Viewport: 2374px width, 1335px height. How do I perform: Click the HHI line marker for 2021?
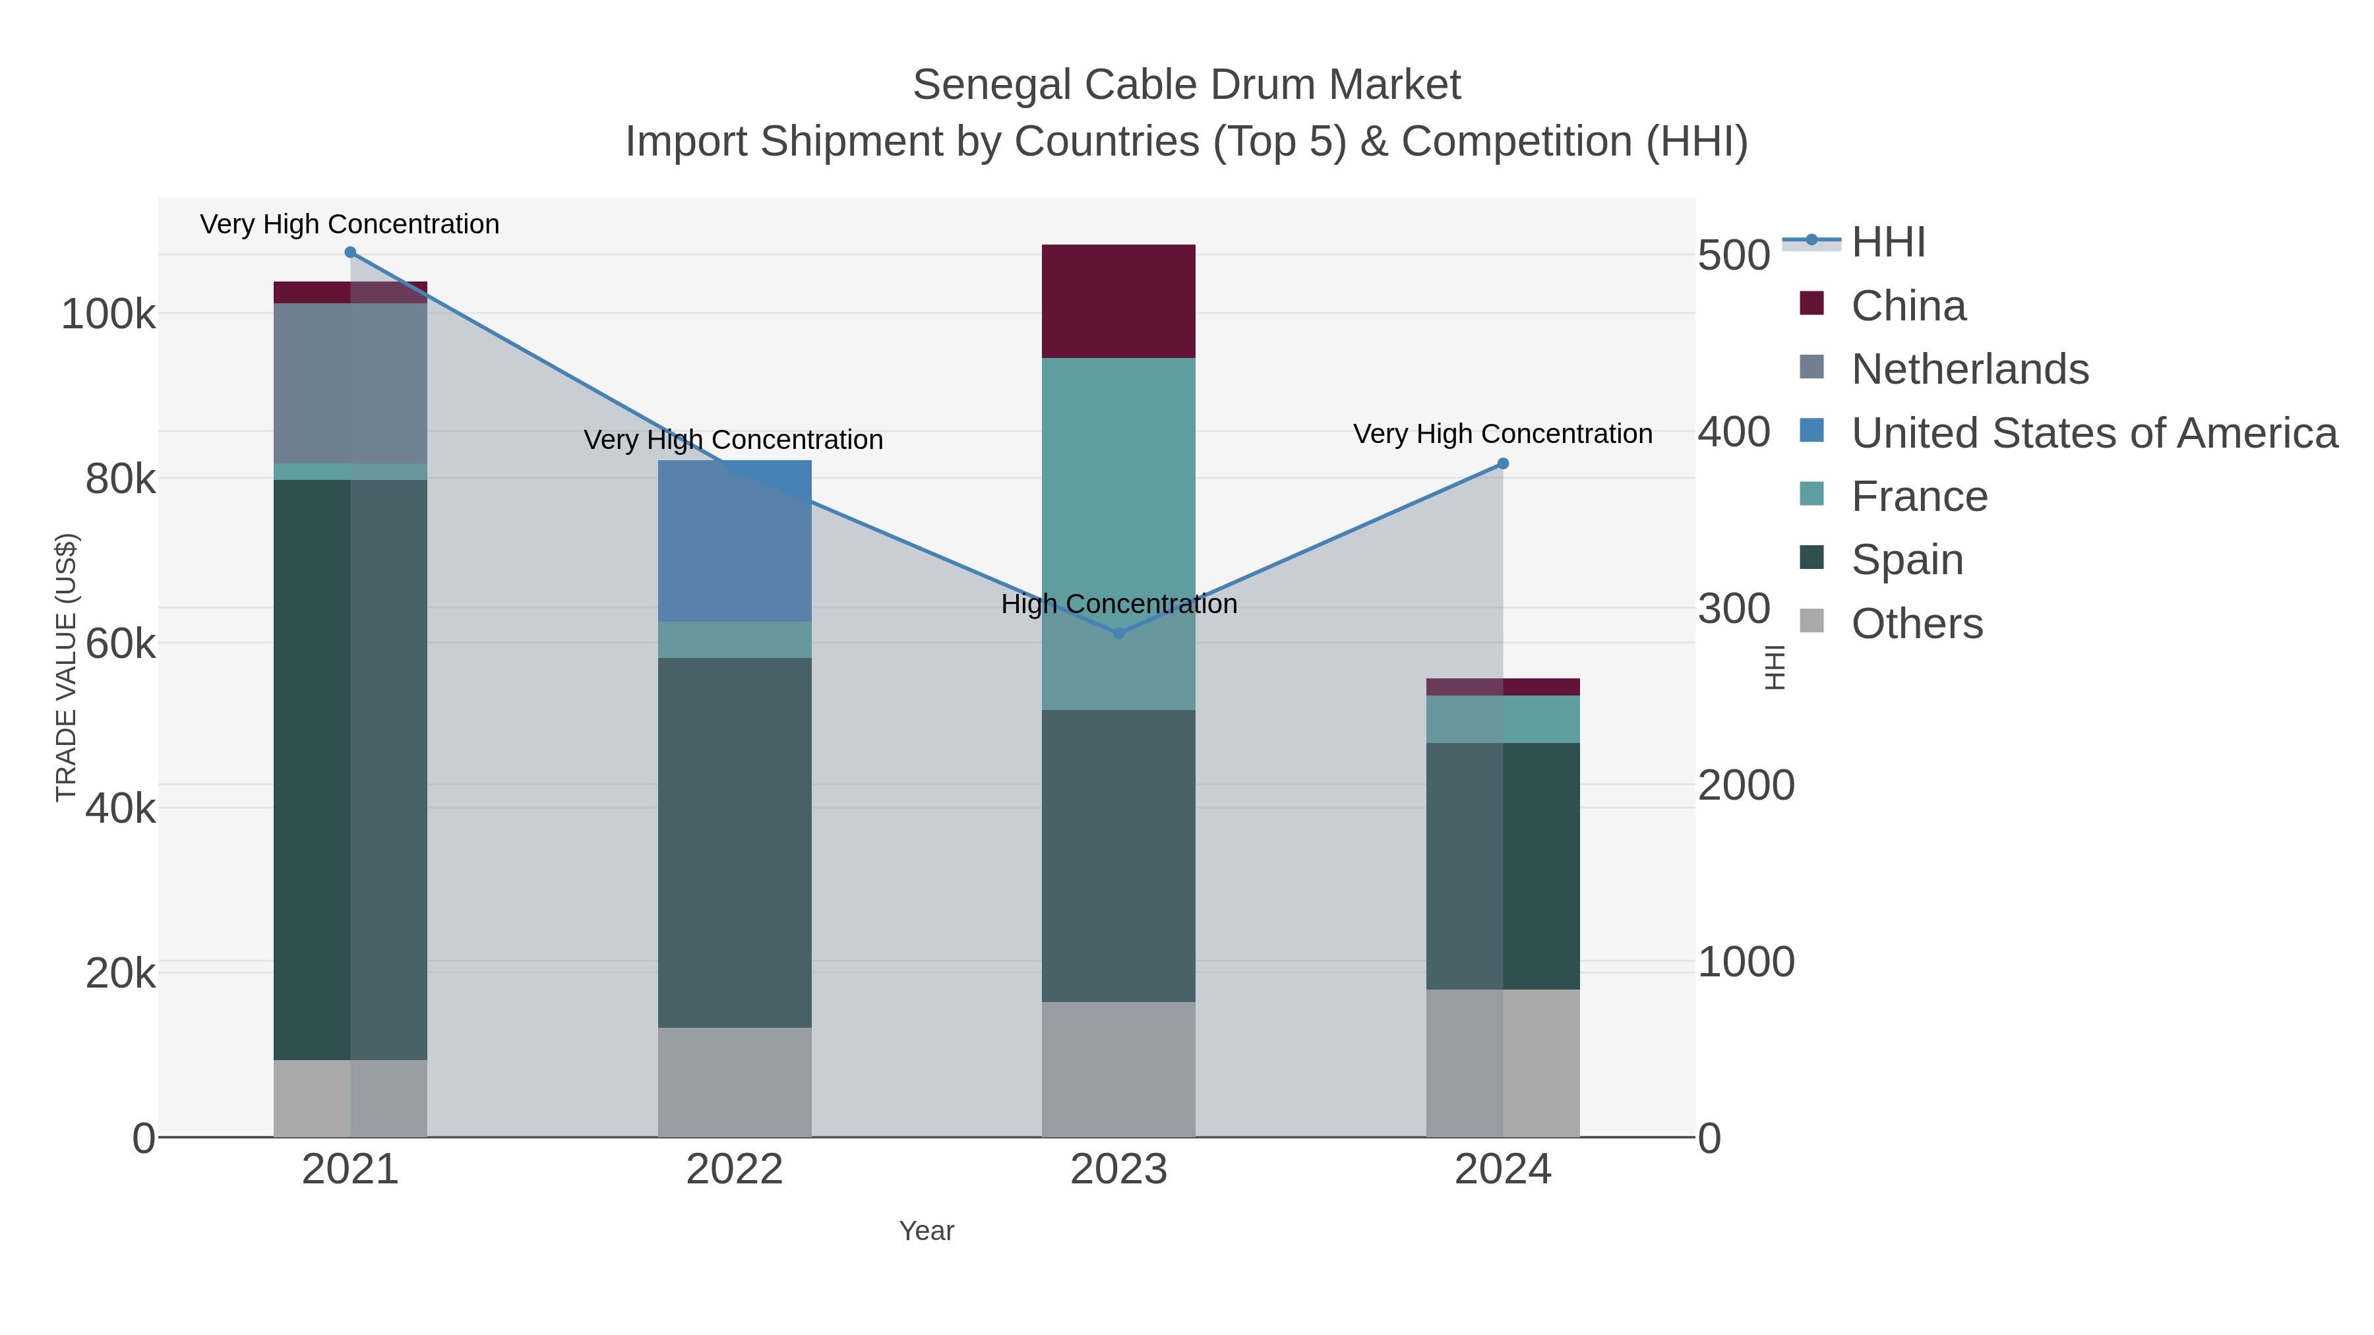(350, 252)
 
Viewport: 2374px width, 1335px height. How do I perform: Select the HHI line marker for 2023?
(1119, 633)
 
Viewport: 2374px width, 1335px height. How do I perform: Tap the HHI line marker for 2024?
(1503, 463)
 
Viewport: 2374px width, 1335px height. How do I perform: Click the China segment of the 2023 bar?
(1119, 301)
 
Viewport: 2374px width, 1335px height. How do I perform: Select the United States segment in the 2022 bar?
(735, 541)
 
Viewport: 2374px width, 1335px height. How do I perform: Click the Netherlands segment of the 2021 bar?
(350, 382)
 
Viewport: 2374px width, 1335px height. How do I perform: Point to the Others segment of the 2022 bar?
(735, 1082)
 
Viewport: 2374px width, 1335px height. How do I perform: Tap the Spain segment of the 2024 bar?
(1503, 866)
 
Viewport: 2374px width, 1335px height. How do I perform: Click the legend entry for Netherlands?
(1969, 369)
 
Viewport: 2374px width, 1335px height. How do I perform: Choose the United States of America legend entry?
(2094, 433)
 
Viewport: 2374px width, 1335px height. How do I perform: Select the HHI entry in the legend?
(1889, 243)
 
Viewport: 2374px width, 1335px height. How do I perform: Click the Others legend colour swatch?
(1812, 621)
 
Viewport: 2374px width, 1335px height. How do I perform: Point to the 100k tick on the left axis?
(108, 315)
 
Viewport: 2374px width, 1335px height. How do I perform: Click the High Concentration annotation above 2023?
(1119, 605)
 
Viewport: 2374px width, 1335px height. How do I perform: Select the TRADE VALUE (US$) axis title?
(67, 667)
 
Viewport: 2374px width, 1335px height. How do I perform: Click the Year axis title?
(927, 1231)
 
